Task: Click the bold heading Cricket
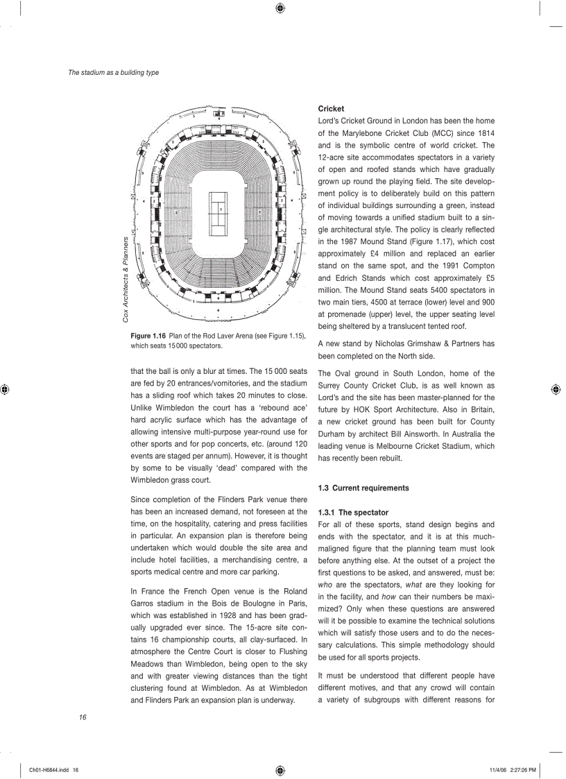coord(331,109)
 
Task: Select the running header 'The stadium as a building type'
coord(113,72)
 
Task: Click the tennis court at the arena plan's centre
coord(219,209)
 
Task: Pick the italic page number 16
coord(83,717)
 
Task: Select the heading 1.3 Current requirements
coord(363,488)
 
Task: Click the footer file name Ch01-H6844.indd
coord(50,770)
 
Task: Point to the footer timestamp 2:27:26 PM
coord(520,770)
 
